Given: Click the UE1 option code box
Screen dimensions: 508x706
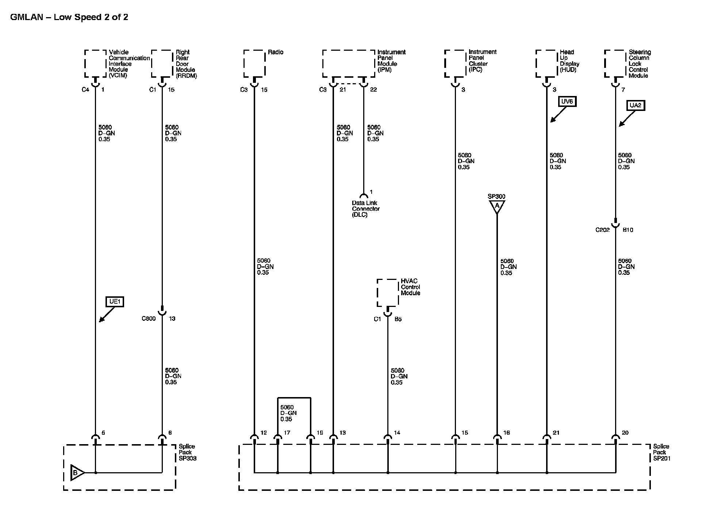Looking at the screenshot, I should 115,302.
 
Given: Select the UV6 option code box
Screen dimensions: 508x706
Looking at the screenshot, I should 567,101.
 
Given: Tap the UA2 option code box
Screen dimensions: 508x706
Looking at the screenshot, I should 636,105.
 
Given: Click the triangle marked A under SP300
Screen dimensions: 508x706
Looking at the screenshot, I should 496,207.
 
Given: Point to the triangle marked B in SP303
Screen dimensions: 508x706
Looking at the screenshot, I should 76,473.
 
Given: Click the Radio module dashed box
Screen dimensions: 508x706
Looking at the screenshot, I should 254,64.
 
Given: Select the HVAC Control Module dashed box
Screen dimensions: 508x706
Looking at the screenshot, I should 387,293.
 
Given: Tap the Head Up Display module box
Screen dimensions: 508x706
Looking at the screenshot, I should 546,64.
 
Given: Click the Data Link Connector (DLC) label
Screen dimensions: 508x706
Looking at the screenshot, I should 365,209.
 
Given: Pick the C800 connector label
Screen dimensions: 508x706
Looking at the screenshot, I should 149,319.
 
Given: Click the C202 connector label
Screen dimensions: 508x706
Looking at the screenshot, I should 602,230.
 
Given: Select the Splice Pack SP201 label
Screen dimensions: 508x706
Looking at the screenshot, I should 661,453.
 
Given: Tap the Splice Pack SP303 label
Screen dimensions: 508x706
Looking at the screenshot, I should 187,453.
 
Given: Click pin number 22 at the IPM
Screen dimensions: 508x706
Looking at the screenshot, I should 373,89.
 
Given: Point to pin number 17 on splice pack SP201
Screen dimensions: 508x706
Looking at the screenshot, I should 287,433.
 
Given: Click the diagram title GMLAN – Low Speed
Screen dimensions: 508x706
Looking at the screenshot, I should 69,17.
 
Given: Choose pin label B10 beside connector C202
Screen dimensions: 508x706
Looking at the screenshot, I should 628,230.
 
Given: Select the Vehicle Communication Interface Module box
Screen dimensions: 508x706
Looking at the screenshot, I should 96,64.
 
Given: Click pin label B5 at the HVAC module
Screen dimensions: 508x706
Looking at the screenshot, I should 398,319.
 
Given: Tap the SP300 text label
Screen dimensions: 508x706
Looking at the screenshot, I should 496,196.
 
